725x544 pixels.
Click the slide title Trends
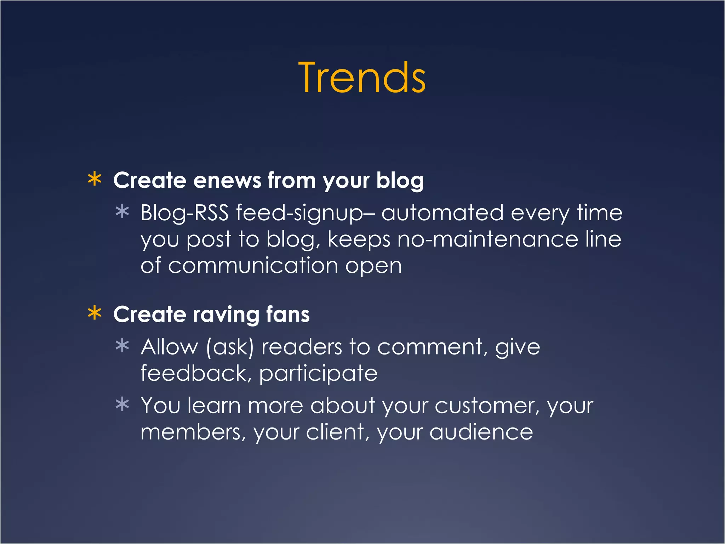tap(362, 78)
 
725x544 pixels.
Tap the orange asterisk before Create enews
tap(95, 179)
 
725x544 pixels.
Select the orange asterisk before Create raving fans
tap(95, 313)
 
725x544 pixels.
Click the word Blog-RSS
tap(184, 213)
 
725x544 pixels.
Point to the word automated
tap(442, 213)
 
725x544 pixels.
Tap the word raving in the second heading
tap(226, 315)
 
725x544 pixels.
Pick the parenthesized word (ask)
tap(230, 347)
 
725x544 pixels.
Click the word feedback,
tap(196, 373)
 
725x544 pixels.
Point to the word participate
tap(318, 374)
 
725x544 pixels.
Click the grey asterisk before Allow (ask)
tap(122, 346)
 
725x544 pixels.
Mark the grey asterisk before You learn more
tap(122, 404)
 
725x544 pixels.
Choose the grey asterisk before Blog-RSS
tap(122, 212)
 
